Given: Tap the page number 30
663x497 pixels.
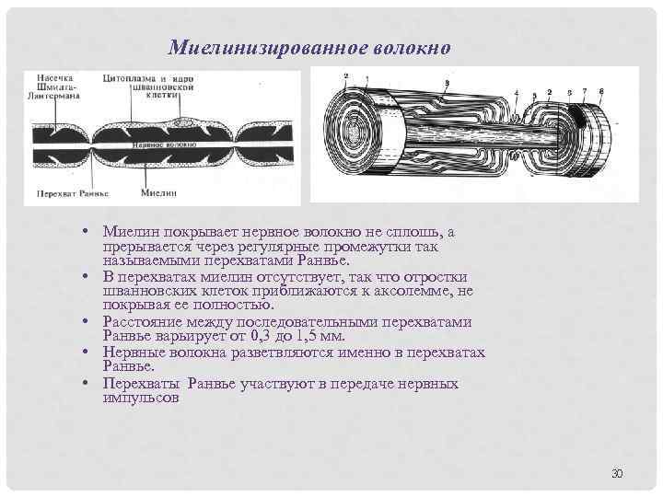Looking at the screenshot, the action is pos(617,473).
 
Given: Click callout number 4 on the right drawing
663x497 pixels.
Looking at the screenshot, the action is pos(519,93).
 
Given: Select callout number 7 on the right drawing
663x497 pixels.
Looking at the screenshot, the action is pos(585,91).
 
